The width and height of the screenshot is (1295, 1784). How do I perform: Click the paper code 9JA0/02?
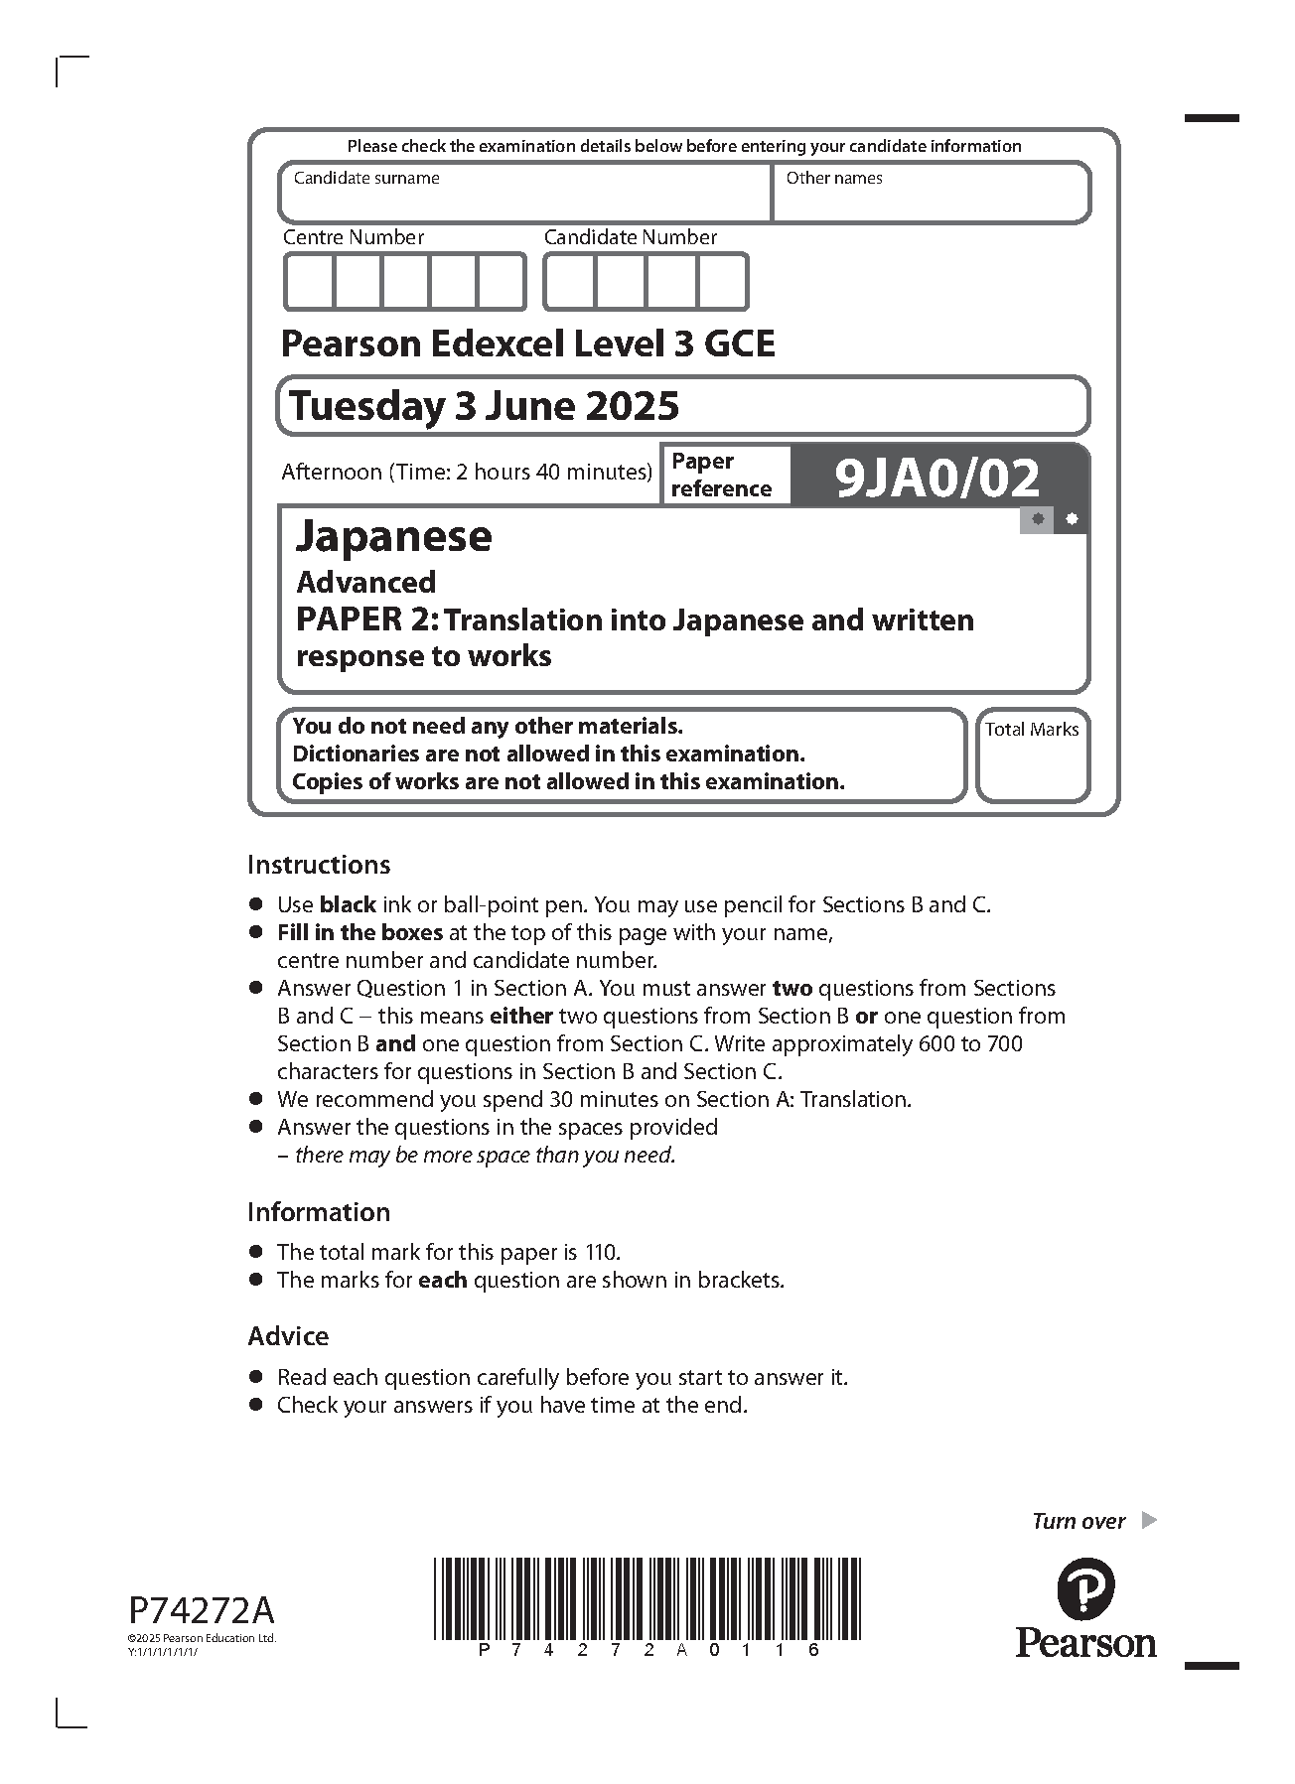click(x=936, y=479)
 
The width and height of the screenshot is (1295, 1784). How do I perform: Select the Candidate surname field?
click(x=524, y=199)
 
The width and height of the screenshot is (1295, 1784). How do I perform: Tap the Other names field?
click(x=931, y=199)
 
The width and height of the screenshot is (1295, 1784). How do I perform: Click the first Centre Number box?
click(x=309, y=282)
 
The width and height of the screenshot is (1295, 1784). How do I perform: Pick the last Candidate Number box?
click(x=722, y=282)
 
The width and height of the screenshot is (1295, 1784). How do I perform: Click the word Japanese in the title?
click(x=393, y=536)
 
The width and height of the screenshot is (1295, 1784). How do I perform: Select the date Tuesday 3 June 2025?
click(x=484, y=406)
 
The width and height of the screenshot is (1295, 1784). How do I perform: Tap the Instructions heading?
click(x=319, y=865)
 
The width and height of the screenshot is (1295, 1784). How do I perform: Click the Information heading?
click(x=319, y=1212)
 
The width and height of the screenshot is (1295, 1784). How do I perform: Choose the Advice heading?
click(x=288, y=1336)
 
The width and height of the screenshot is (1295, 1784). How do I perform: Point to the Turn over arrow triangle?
click(x=1149, y=1520)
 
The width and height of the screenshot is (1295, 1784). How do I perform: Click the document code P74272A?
click(x=202, y=1609)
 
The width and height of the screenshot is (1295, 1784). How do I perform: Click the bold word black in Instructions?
click(x=347, y=905)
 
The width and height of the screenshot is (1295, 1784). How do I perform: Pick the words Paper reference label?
click(x=721, y=476)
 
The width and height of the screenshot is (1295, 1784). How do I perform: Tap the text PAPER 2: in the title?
click(x=366, y=620)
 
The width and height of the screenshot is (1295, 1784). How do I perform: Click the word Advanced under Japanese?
click(x=365, y=582)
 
